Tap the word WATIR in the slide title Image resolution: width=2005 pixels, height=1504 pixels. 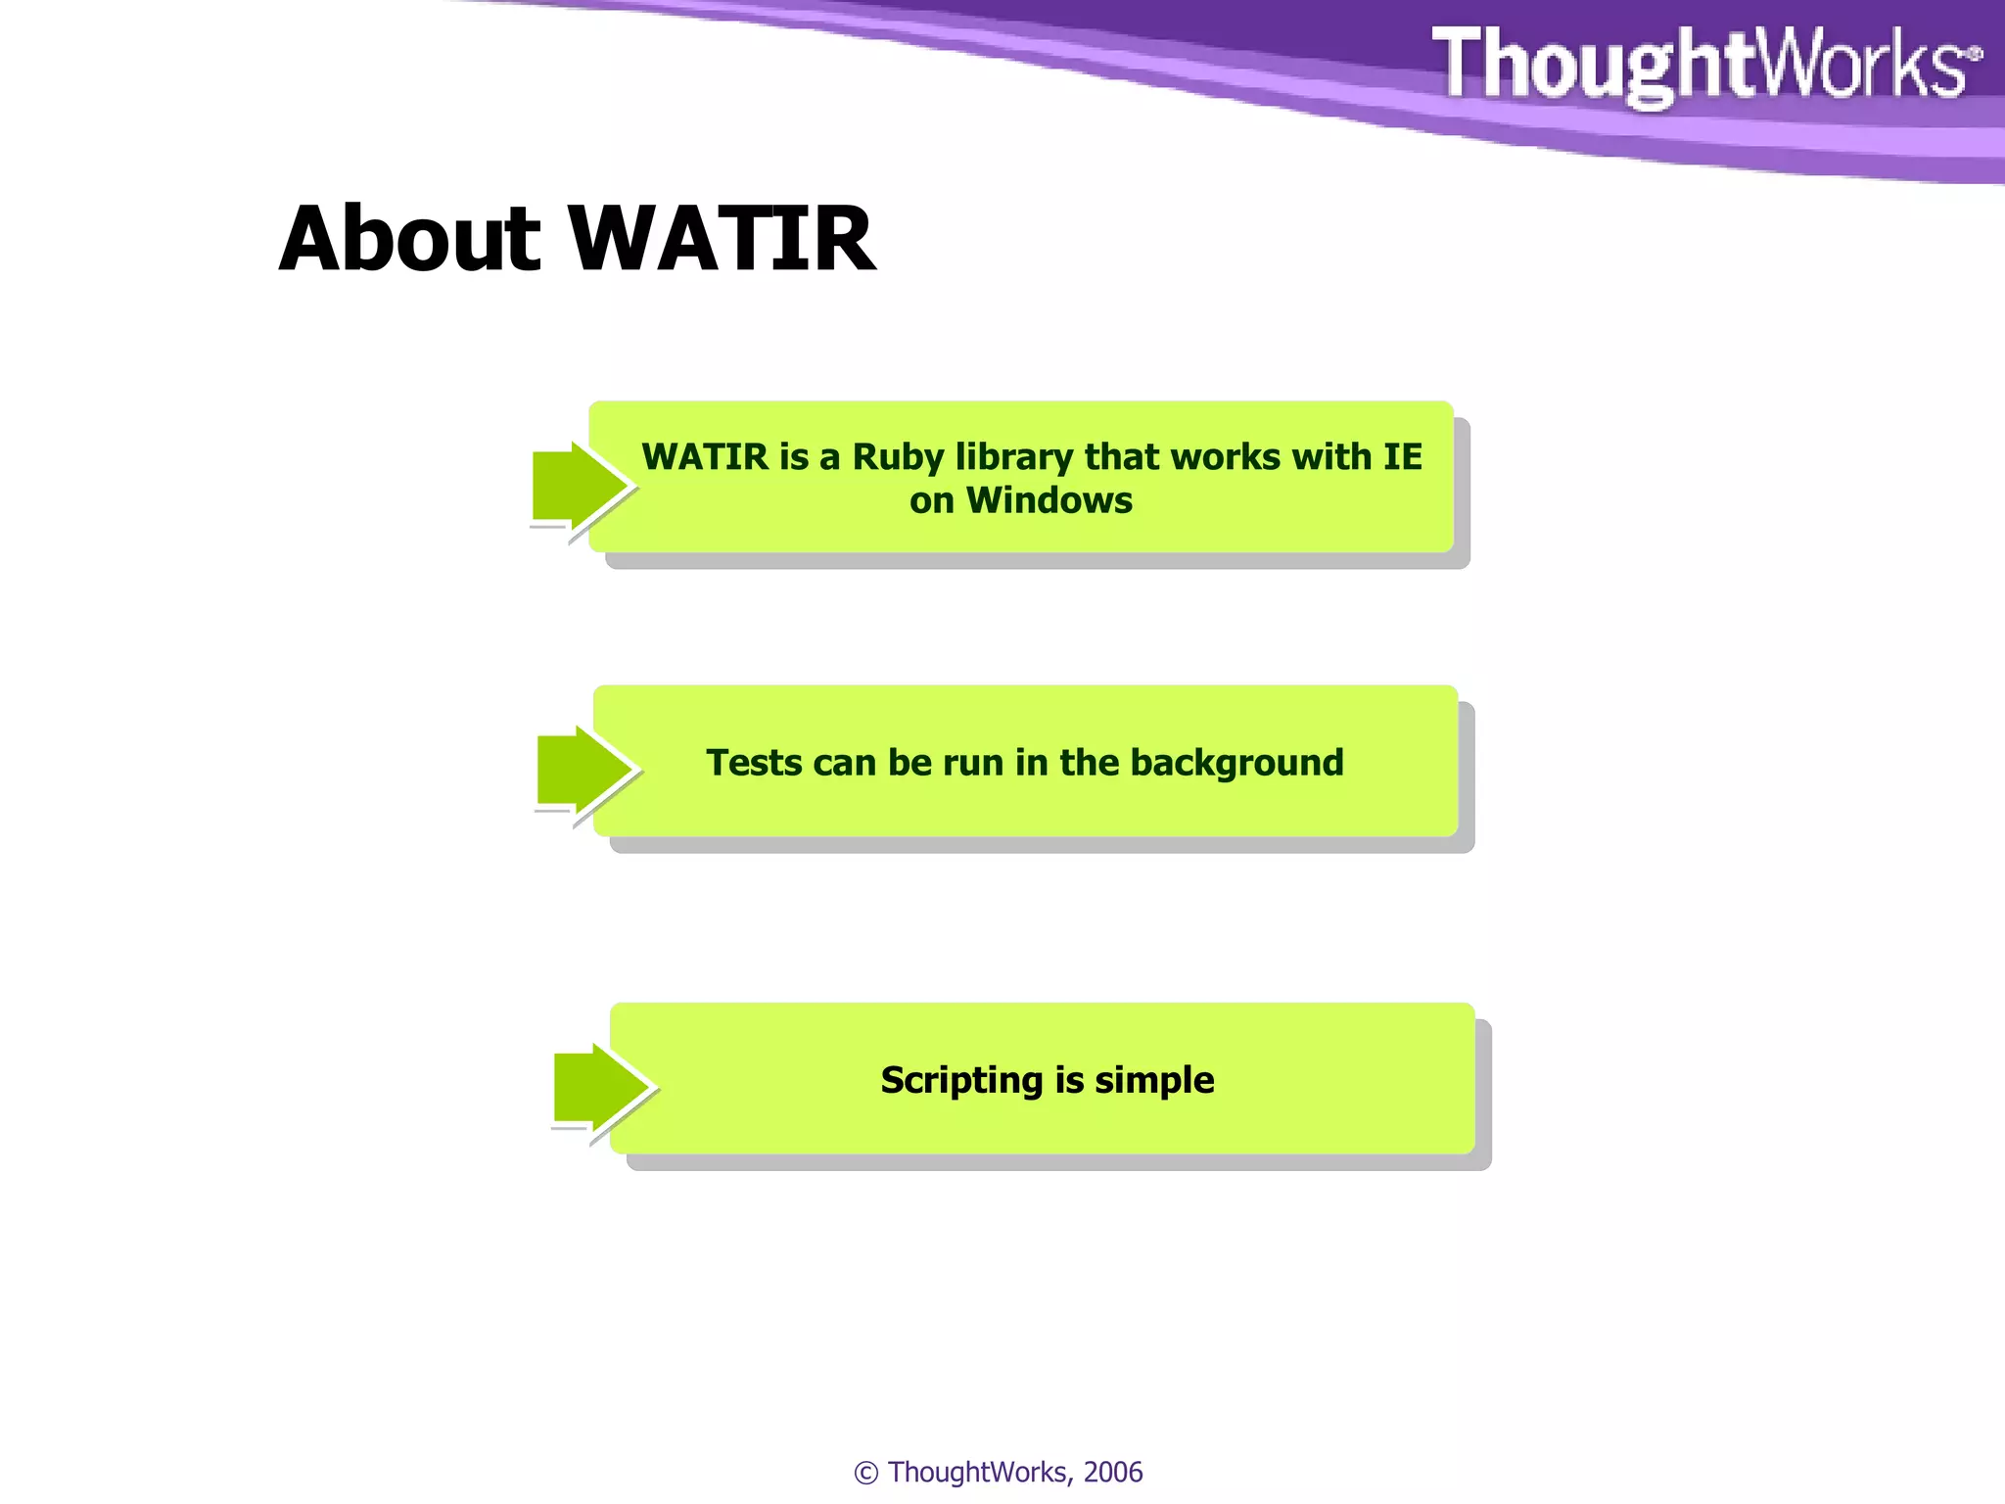[723, 239]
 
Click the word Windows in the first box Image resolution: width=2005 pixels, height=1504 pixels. [1049, 500]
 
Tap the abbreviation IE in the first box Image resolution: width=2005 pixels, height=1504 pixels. [1402, 457]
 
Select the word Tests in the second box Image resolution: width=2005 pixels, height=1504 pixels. [754, 763]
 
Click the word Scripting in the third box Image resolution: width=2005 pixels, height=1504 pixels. [961, 1080]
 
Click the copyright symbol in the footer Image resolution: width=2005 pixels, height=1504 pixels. [865, 1473]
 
